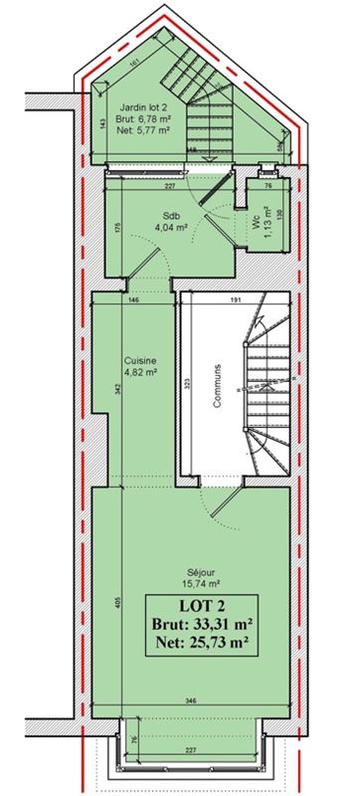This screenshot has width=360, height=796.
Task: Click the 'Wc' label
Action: pos(256,225)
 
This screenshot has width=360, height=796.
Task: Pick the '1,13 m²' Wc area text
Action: pos(267,225)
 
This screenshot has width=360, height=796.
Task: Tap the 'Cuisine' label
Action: pos(137,360)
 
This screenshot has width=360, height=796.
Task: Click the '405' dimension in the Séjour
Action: pos(116,603)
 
